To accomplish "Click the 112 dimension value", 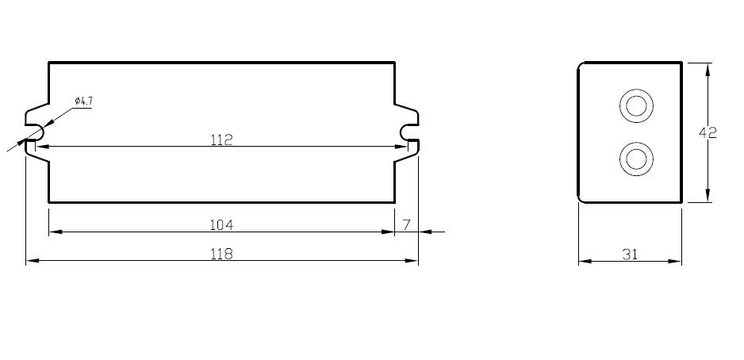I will [221, 140].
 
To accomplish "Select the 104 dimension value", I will [221, 225].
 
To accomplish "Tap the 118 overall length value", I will [221, 254].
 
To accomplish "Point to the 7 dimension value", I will [406, 225].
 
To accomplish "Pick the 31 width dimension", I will [630, 255].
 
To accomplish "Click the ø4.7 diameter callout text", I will [83, 101].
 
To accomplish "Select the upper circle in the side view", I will [635, 106].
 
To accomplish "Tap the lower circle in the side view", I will [635, 159].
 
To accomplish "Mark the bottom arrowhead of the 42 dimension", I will [708, 197].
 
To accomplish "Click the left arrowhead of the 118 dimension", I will [31, 260].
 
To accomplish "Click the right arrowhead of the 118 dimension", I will [413, 260].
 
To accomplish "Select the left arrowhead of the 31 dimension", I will [583, 261].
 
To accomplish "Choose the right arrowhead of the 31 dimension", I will [677, 261].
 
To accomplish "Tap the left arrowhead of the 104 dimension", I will [54, 232].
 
